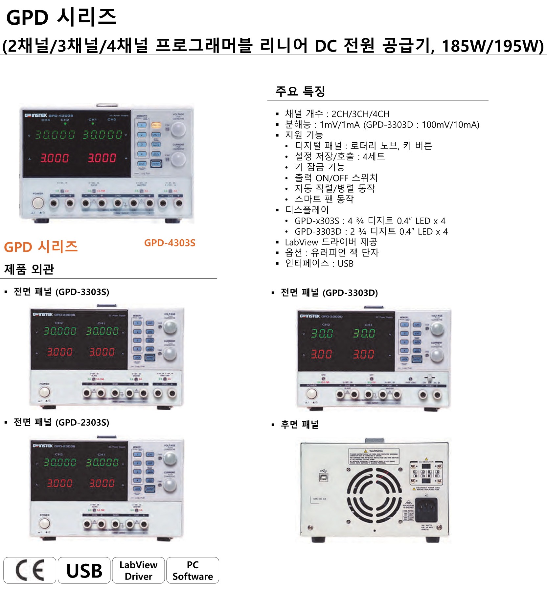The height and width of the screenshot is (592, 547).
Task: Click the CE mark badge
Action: pos(30,570)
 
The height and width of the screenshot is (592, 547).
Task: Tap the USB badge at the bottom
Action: pos(84,570)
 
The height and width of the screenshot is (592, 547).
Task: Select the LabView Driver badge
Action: pos(138,570)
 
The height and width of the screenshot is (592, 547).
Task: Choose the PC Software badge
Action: pos(193,570)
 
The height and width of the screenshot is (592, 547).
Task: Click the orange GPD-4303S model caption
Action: pos(170,243)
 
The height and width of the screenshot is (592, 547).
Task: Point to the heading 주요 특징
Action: pos(300,91)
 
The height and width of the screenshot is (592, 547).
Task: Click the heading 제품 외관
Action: pos(29,269)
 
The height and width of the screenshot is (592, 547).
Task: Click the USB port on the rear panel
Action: pos(323,476)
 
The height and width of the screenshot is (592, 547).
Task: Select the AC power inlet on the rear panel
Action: pos(426,509)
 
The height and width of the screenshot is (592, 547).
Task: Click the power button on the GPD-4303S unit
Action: pos(38,203)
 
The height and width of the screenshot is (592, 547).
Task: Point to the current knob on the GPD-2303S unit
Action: pos(170,485)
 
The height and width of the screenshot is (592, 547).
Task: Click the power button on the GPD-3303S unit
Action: pos(44,392)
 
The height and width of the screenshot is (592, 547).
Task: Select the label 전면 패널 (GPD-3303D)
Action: pos(329,293)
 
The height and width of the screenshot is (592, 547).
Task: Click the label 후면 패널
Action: pos(299,424)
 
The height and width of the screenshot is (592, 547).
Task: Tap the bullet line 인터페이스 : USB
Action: pos(319,263)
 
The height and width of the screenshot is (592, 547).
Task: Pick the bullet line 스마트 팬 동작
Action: pos(324,199)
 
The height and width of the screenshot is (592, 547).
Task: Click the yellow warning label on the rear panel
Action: pos(374,456)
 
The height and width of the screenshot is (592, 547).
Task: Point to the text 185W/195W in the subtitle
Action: pos(492,46)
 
